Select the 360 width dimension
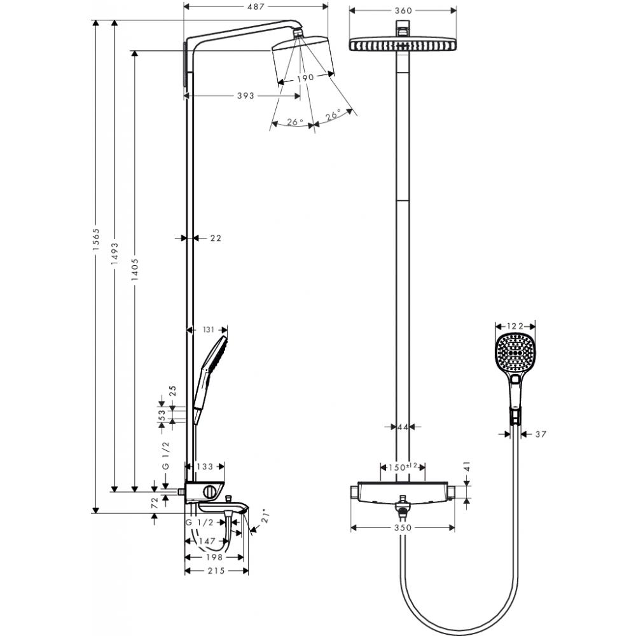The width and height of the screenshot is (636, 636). (x=403, y=10)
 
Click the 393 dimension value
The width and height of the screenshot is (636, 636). (x=245, y=96)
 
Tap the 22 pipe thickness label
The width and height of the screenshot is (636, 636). (x=215, y=238)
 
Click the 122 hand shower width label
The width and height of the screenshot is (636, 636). (x=515, y=326)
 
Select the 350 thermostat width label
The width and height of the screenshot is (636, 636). (x=403, y=528)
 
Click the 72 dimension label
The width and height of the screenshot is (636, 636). (x=153, y=502)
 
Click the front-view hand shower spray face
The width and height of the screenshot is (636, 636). (x=515, y=352)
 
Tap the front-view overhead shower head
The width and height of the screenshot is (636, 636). (x=403, y=46)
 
